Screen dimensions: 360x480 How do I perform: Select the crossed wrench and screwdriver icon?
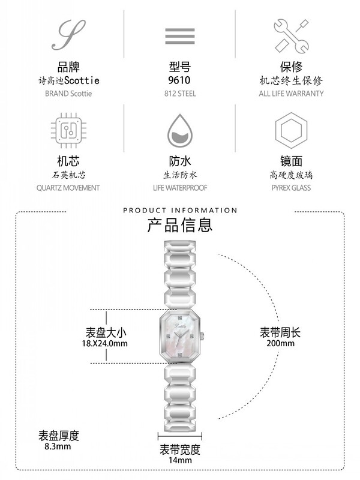(x=291, y=34)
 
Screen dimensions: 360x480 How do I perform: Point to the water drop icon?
(x=179, y=130)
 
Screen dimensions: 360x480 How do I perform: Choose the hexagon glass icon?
(x=291, y=129)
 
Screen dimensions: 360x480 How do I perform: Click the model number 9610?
(x=180, y=80)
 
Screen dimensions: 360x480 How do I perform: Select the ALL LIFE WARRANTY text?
(x=291, y=94)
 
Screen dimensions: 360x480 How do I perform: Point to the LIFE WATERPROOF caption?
(x=179, y=188)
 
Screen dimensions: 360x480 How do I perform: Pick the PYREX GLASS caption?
(x=291, y=188)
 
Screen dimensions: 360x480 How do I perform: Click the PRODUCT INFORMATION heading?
(x=180, y=210)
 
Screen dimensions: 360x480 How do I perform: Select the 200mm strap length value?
(x=281, y=344)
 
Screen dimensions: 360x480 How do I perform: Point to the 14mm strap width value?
(x=180, y=460)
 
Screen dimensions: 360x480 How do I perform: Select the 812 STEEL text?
(x=180, y=94)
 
